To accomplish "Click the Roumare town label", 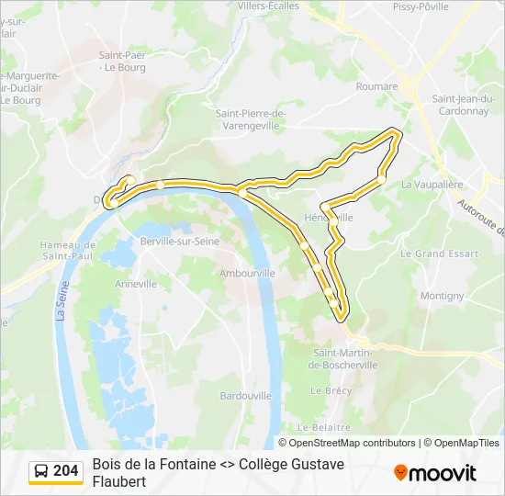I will (376, 87).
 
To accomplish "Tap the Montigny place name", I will (442, 296).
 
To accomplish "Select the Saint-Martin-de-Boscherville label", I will (343, 359).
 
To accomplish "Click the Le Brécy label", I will (331, 390).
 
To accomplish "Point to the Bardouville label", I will (245, 395).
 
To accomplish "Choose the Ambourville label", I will (242, 273).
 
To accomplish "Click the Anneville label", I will (136, 285).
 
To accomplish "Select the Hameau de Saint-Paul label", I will (68, 250).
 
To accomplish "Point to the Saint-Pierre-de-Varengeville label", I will (251, 118).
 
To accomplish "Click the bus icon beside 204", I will (41, 471).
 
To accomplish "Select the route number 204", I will (66, 471).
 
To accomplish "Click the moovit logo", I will (435, 472).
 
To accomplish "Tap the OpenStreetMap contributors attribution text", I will (353, 443).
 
